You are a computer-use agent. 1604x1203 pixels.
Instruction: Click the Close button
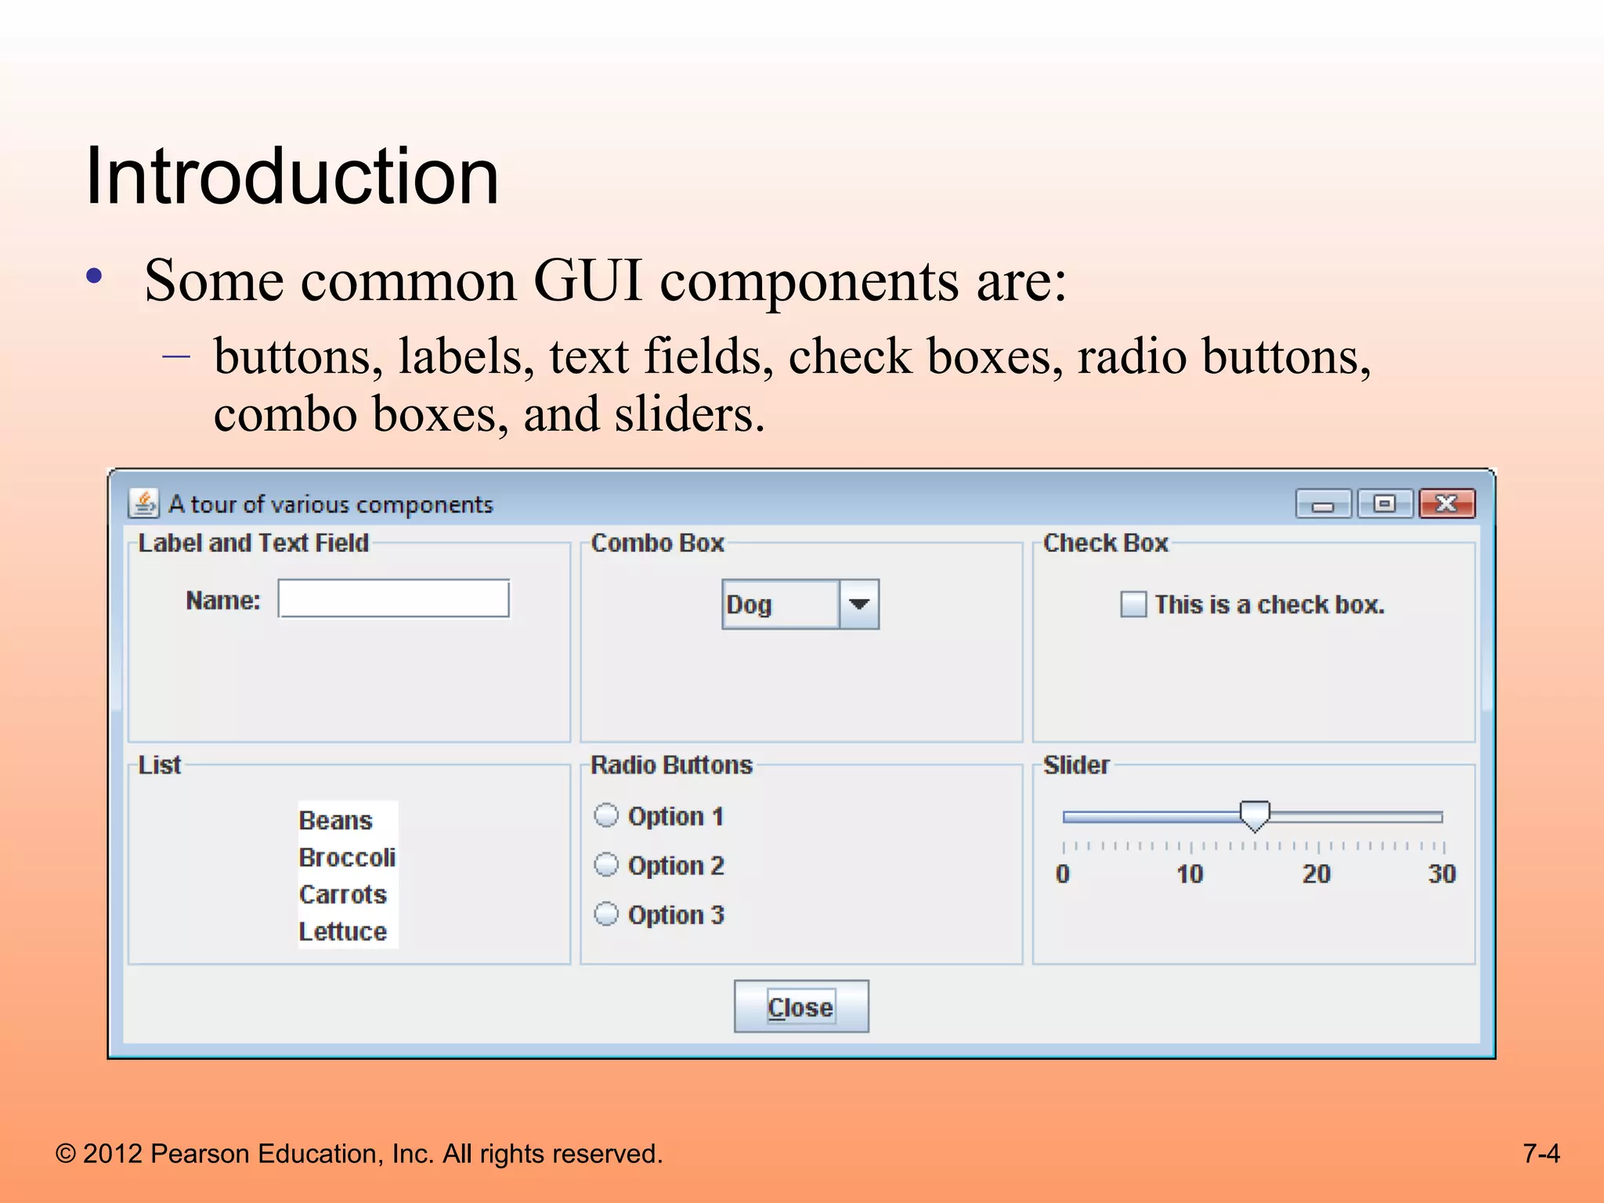800,1006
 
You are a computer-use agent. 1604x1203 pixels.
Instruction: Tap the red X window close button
1447,504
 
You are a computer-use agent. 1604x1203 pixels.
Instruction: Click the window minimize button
1323,504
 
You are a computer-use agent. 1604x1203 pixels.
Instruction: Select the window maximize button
1385,504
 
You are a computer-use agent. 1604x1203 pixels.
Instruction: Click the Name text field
394,599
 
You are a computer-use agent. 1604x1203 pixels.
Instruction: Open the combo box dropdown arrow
859,604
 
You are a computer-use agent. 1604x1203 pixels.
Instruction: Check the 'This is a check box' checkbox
1133,605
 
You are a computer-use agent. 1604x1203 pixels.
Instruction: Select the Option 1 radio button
606,816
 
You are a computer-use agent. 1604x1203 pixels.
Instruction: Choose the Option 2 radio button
606,865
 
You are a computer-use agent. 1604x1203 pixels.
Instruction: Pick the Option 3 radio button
606,914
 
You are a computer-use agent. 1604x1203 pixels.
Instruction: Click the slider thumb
1255,815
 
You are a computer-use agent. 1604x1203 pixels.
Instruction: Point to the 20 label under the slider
1316,874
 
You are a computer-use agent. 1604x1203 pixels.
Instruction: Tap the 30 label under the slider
1441,874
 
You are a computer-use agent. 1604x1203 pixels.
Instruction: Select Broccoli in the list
347,858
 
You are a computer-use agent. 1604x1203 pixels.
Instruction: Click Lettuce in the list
343,931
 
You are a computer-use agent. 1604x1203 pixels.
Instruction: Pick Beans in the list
335,821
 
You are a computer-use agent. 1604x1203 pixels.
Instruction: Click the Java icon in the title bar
144,504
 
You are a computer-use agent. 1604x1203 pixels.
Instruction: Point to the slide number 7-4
1541,1154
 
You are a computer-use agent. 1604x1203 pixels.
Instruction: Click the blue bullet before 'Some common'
95,276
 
